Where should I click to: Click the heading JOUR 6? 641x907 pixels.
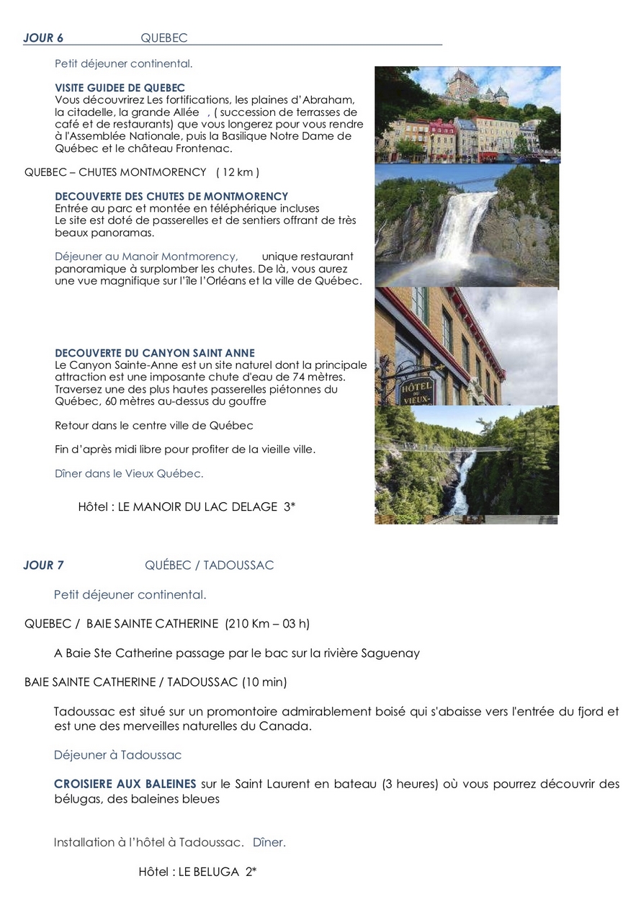43,38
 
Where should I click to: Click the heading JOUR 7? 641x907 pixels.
43,566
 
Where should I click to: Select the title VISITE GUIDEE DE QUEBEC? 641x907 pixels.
120,88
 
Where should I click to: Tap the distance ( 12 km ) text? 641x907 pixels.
237,172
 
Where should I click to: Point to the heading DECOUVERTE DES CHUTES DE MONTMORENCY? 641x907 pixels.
171,196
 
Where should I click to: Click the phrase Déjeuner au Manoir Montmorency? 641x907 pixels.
146,256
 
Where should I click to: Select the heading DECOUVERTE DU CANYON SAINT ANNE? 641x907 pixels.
155,353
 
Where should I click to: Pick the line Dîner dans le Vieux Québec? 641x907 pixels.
129,473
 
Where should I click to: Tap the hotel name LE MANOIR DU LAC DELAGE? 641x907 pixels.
198,507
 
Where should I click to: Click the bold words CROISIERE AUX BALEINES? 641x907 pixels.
125,784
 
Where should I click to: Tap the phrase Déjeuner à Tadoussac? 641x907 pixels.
117,755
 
